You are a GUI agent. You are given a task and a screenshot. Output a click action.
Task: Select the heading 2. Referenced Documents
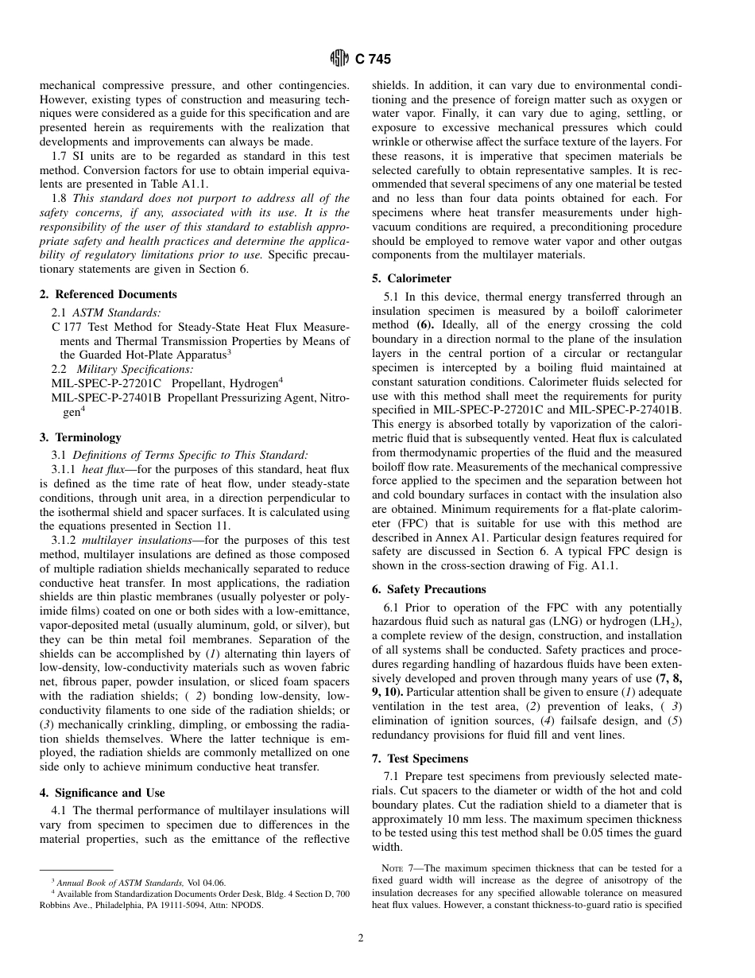click(x=108, y=294)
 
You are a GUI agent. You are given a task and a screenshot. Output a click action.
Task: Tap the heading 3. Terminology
click(x=80, y=437)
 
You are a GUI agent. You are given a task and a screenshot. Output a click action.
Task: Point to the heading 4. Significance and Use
click(x=103, y=793)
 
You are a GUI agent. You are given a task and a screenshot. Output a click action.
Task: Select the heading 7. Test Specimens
click(x=420, y=759)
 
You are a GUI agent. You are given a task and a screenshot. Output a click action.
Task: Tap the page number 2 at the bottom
click(x=360, y=938)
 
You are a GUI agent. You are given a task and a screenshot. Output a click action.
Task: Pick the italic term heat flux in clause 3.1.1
click(x=99, y=470)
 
